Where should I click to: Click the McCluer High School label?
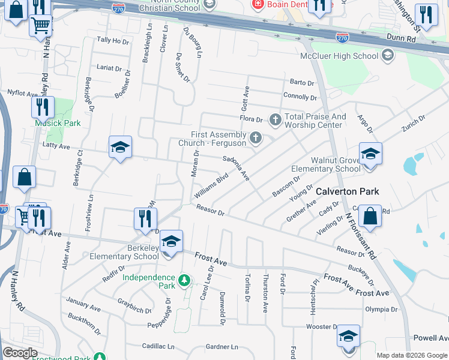(339, 56)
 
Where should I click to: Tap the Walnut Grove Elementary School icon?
(370, 155)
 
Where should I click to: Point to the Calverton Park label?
(348, 191)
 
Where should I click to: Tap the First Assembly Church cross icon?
(256, 139)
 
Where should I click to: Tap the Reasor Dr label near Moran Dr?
(210, 210)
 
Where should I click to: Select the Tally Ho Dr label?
(113, 41)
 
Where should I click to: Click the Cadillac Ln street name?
(158, 346)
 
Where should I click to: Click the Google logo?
(20, 353)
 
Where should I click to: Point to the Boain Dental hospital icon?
(258, 4)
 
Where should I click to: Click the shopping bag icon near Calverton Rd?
(371, 217)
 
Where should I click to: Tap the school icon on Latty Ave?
(120, 147)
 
